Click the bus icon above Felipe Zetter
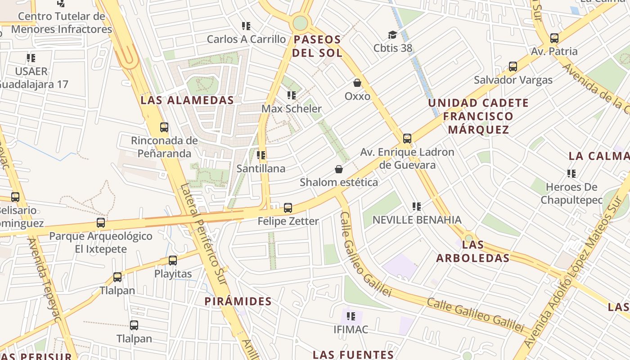point(288,208)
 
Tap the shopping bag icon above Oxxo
point(357,83)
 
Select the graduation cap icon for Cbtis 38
point(392,35)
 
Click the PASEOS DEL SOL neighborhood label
point(317,46)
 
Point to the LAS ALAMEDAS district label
point(187,100)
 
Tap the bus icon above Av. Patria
point(554,38)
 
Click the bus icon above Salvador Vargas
point(513,67)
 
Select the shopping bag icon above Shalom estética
point(339,169)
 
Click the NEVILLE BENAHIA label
point(417,220)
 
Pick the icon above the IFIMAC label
point(351,316)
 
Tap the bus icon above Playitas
point(173,260)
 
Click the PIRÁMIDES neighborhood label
point(238,301)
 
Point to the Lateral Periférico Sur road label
point(205,234)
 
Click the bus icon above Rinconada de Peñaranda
point(164,127)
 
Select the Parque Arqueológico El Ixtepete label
point(101,242)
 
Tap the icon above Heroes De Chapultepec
point(571,173)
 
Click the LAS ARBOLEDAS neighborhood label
point(473,251)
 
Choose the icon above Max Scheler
point(292,95)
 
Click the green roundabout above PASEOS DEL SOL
point(300,22)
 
